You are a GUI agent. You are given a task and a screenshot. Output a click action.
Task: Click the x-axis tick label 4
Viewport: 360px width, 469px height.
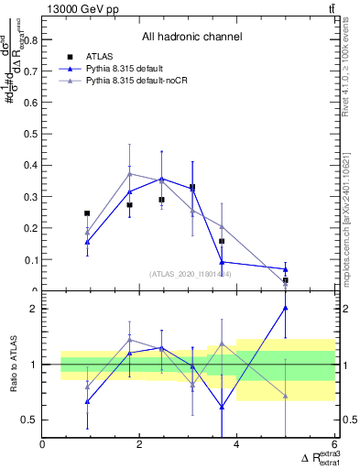tap(237, 446)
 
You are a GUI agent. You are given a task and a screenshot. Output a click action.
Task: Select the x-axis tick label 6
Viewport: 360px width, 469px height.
tap(334, 446)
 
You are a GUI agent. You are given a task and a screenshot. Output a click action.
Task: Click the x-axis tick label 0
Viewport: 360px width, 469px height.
tap(43, 446)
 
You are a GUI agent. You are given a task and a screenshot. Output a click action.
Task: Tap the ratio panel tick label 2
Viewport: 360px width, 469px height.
tap(35, 309)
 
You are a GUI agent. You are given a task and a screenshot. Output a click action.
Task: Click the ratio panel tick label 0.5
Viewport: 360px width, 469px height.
tap(30, 420)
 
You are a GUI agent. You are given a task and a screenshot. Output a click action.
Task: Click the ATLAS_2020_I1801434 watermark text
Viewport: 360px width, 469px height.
tap(190, 274)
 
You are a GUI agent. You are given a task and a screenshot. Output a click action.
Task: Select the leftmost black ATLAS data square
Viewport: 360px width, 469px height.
tap(87, 213)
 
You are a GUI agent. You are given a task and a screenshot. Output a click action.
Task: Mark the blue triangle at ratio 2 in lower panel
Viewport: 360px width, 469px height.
tap(286, 308)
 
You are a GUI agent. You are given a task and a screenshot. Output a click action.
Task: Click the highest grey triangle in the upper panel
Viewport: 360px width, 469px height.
tap(130, 173)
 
